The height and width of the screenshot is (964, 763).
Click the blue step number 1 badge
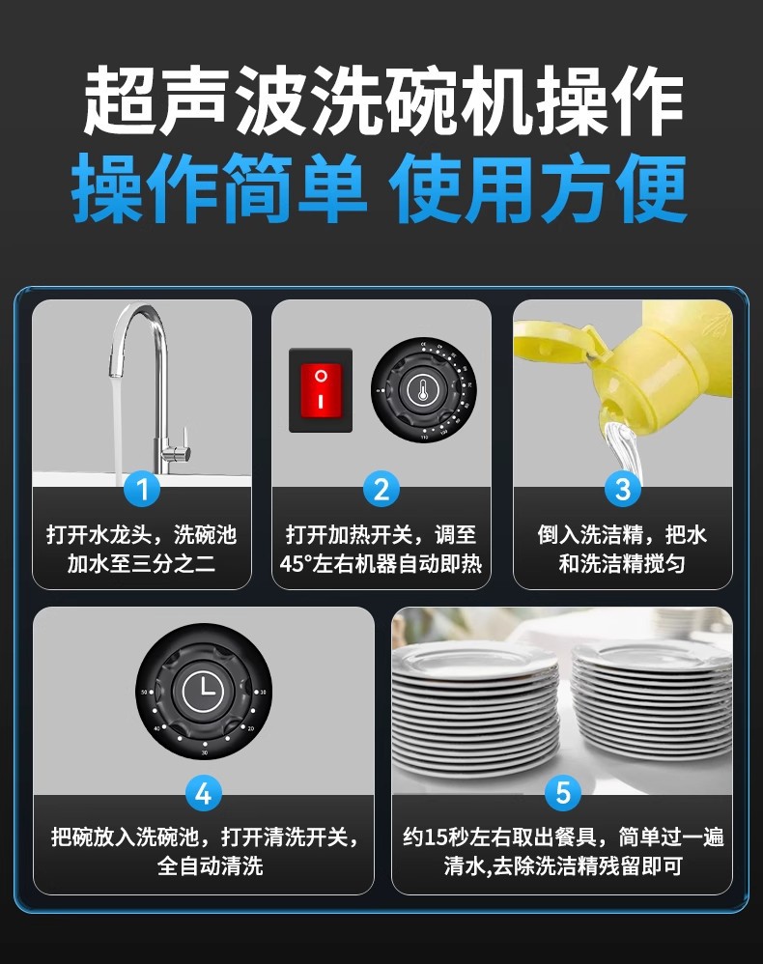(142, 490)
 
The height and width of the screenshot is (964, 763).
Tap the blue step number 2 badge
(381, 490)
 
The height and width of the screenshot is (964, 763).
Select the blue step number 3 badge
(623, 490)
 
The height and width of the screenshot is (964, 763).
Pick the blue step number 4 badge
(204, 794)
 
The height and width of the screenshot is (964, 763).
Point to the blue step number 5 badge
(562, 794)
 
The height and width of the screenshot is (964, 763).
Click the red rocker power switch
(321, 390)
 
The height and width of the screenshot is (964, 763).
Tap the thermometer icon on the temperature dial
(422, 390)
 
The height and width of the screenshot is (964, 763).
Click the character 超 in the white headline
(120, 101)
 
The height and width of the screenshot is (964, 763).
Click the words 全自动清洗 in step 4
(210, 866)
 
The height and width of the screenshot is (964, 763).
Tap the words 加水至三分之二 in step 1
(141, 564)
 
